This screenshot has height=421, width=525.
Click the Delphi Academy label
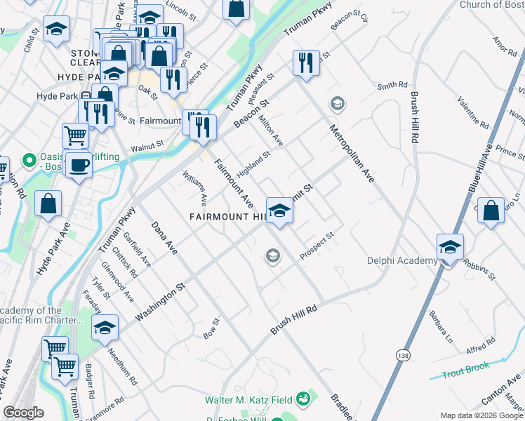[402, 261]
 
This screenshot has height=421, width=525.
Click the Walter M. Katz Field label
[248, 400]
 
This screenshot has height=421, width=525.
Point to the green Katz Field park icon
[303, 399]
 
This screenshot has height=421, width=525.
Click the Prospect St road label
[316, 246]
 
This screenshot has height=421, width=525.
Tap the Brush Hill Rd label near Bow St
[294, 319]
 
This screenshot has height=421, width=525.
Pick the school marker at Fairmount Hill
[279, 210]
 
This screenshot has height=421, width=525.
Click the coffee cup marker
[79, 166]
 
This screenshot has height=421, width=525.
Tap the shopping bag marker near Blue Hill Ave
[491, 210]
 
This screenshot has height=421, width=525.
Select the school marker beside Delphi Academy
[450, 248]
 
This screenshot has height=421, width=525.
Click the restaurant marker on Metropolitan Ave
[307, 63]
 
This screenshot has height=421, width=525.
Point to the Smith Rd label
[392, 86]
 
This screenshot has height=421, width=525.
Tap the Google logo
[24, 413]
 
